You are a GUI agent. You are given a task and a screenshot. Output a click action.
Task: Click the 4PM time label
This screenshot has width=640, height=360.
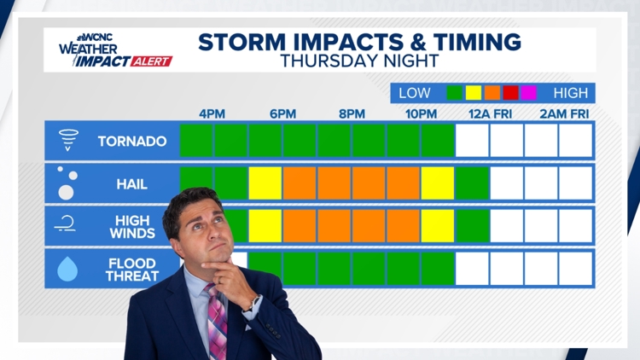212,113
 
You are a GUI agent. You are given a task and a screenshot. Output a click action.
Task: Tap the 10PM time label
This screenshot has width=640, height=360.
421,113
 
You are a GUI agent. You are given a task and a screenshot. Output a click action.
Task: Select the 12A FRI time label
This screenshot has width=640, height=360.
490,113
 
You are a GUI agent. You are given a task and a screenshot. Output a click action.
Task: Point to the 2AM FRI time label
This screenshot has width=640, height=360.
564,113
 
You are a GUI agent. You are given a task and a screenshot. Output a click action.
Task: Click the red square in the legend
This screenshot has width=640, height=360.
510,93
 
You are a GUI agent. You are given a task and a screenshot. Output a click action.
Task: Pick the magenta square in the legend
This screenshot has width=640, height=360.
528,93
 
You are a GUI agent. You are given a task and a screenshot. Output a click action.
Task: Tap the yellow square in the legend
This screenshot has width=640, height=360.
474,93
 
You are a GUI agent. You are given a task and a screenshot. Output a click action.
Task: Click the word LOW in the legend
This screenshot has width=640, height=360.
414,93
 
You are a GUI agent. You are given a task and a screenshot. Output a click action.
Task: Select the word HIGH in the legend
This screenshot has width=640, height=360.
571,93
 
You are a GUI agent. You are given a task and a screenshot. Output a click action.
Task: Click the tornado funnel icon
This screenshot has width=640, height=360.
68,140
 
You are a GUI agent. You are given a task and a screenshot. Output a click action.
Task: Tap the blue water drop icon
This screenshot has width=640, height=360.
67,269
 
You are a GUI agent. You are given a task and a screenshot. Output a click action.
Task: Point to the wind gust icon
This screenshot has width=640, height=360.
65,224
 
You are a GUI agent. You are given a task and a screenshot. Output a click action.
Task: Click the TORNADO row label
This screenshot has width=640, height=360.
132,142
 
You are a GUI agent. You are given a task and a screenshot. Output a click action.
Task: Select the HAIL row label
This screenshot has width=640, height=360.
131,184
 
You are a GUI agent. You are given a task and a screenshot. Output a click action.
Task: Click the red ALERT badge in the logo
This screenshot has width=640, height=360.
152,61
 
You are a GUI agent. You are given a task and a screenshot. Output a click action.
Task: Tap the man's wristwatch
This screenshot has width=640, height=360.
254,303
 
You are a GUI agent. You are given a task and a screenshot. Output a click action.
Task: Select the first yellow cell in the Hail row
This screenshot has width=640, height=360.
265,183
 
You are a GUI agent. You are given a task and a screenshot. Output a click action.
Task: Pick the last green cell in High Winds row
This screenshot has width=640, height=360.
472,226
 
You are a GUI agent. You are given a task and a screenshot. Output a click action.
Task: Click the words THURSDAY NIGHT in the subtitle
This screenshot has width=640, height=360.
359,61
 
